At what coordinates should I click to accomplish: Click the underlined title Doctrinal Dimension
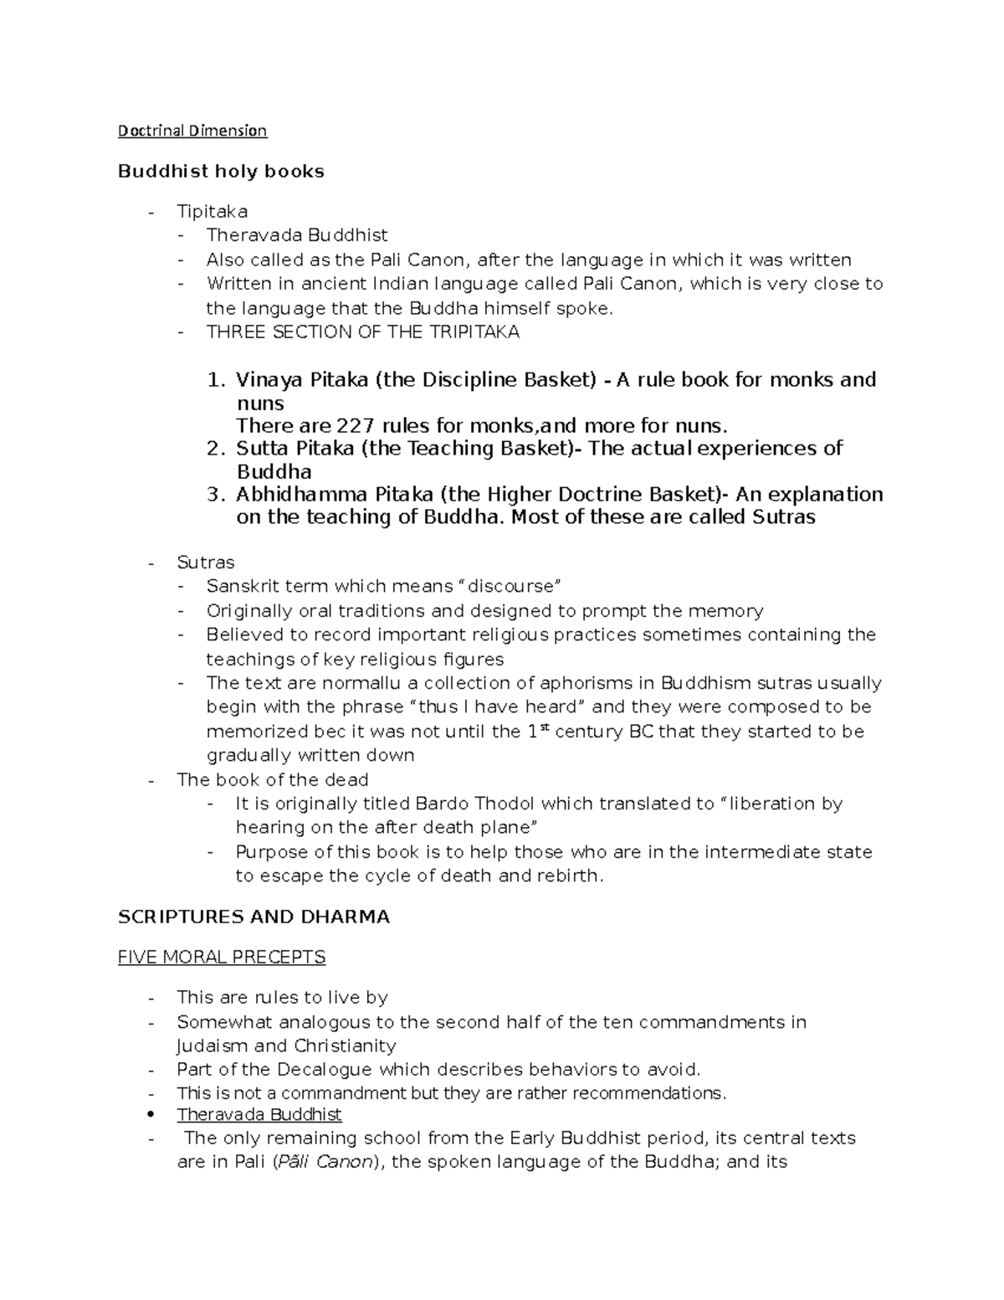(x=192, y=131)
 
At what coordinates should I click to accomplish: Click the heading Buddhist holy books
(x=221, y=172)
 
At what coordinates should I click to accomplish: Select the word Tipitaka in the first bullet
(x=212, y=212)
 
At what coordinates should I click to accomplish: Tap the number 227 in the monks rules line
(x=358, y=425)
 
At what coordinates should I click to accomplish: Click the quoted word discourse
(x=514, y=586)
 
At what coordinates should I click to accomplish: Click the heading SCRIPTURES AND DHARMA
(x=254, y=917)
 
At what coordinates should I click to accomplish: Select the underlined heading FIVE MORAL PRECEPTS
(x=222, y=957)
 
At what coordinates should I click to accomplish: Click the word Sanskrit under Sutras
(x=240, y=586)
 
